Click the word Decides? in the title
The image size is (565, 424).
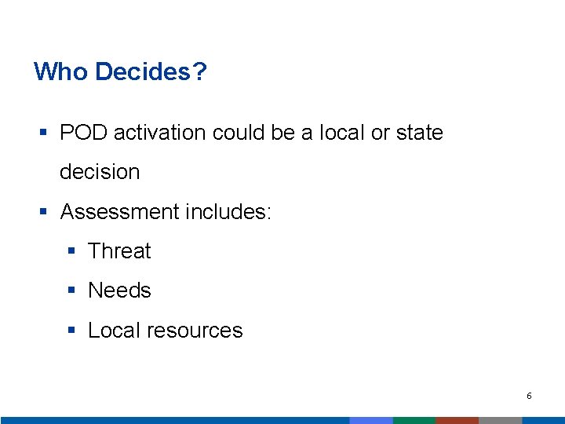coord(151,72)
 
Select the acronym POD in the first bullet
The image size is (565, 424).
coord(83,133)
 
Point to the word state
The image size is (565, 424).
coord(420,133)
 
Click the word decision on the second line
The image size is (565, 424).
coord(100,172)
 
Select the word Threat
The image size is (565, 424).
coord(119,251)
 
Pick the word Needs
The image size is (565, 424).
coord(119,291)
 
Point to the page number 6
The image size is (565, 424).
coord(529,396)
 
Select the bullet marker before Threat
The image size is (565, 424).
coord(72,252)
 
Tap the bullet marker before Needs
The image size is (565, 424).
coord(72,291)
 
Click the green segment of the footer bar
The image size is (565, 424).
coord(414,420)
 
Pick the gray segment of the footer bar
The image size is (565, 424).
coord(500,420)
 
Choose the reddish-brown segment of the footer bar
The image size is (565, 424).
coord(457,420)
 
